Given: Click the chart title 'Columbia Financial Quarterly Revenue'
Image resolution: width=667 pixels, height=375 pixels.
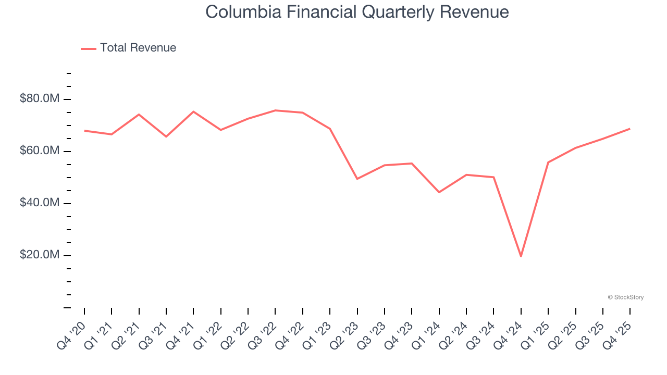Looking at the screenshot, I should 357,11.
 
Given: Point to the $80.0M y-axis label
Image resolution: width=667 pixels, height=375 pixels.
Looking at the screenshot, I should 40,98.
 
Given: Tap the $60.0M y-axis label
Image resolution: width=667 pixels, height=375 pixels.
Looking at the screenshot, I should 40,151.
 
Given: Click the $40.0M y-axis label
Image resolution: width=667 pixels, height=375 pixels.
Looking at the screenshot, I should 40,203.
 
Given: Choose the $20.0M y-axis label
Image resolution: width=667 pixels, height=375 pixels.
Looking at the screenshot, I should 40,255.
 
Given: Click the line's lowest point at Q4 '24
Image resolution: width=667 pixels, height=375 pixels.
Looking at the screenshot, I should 521,256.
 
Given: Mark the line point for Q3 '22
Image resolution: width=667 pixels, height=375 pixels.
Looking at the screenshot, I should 275,110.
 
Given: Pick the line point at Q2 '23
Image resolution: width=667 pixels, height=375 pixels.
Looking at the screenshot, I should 357,179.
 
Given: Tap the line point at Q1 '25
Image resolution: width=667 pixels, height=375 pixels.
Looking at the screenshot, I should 548,162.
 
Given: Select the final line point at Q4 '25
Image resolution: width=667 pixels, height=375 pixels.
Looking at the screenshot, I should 630,129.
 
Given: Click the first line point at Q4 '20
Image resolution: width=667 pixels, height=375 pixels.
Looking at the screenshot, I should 84,131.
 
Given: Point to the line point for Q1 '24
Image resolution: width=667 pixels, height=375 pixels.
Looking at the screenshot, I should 439,192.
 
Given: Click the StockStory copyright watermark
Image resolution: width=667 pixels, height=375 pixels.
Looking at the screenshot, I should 625,297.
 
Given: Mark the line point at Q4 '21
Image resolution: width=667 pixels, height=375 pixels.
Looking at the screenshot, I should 193,111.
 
